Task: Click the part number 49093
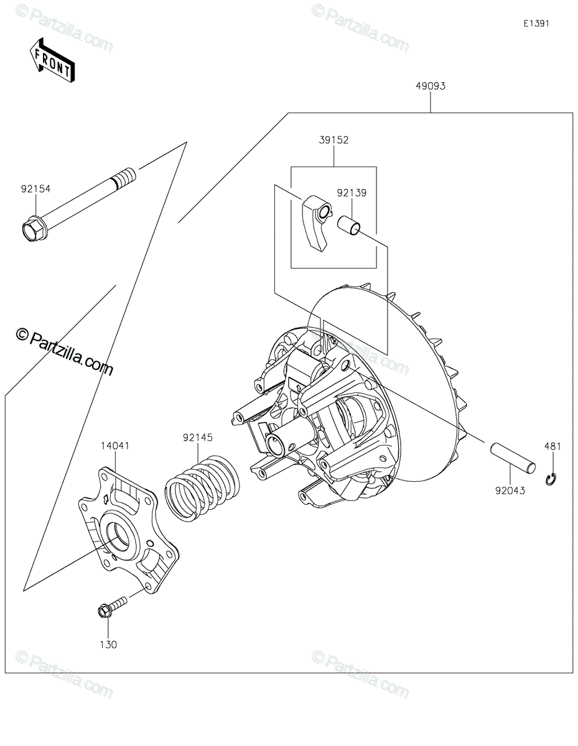[431, 86]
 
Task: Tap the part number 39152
[333, 140]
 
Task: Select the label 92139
[352, 193]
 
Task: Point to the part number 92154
[35, 189]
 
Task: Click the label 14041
[115, 446]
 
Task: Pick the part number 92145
[198, 438]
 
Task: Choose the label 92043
[510, 491]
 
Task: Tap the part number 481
[552, 446]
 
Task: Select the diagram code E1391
[536, 24]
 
